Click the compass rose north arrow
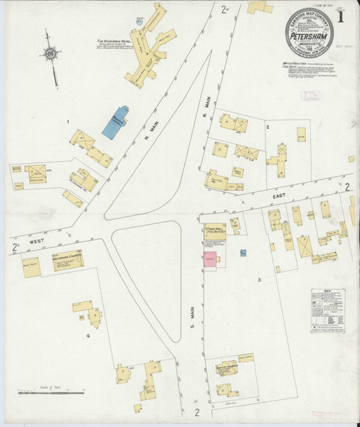pyautogui.click(x=51, y=53)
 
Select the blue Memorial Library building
pyautogui.click(x=115, y=122)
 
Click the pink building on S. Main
pyautogui.click(x=211, y=259)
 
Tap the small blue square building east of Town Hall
pyautogui.click(x=243, y=253)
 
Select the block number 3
pyautogui.click(x=260, y=280)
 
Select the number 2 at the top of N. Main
pyautogui.click(x=224, y=9)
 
